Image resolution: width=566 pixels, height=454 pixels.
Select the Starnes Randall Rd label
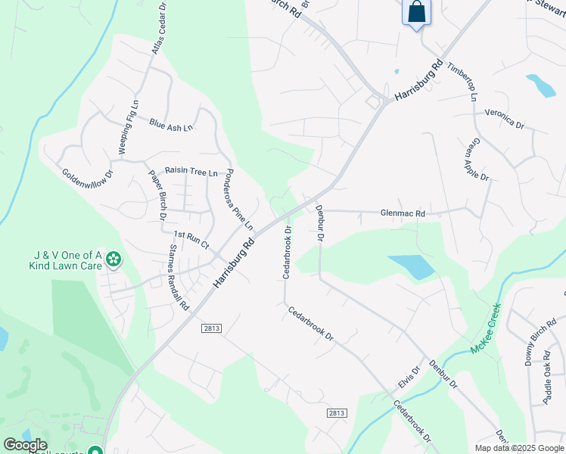pos(179,277)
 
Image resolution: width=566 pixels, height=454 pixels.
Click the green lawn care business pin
pos(114,260)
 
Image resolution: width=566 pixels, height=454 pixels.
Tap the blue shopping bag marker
pos(416,13)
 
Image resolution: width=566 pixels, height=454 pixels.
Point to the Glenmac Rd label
pos(403,214)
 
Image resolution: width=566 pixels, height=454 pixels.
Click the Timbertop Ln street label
pos(462,82)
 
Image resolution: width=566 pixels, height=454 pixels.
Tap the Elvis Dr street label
pos(409,378)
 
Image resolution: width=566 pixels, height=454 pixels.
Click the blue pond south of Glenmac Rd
pos(412,266)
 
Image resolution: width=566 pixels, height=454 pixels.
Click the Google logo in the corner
pos(25,445)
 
